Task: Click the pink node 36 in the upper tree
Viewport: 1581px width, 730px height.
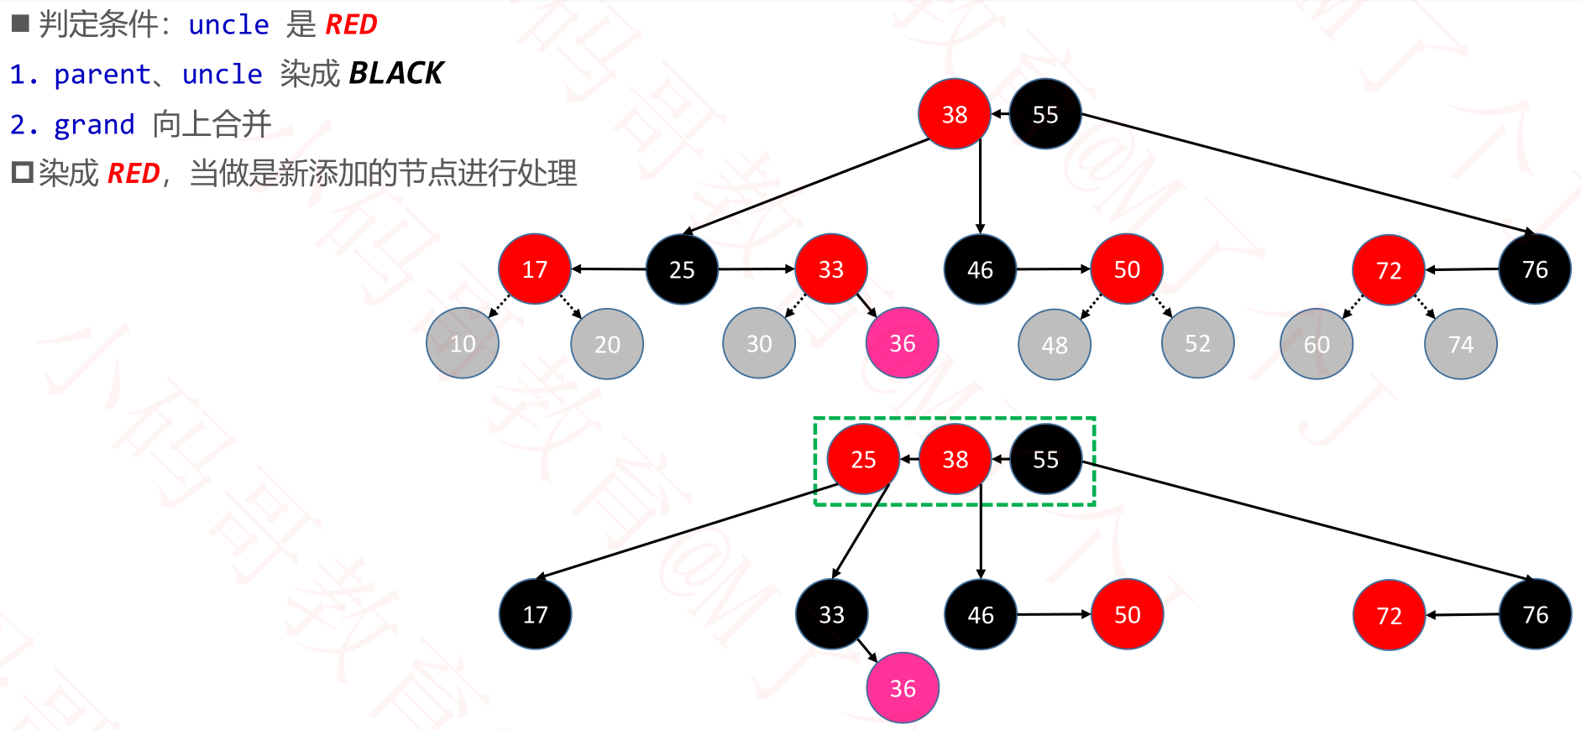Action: pyautogui.click(x=902, y=343)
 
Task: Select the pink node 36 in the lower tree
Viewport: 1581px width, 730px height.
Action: pyautogui.click(x=902, y=688)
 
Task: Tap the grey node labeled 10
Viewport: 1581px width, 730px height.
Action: pyautogui.click(x=462, y=343)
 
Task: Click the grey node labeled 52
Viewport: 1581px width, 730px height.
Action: pyautogui.click(x=1197, y=343)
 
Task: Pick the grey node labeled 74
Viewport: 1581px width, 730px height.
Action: pyautogui.click(x=1460, y=344)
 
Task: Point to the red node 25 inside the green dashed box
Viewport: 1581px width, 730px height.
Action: pyautogui.click(x=863, y=459)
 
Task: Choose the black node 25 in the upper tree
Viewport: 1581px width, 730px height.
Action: pyautogui.click(x=682, y=269)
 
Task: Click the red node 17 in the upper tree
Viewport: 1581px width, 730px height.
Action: pyautogui.click(x=535, y=269)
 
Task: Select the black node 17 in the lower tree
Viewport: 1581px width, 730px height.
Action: pyautogui.click(x=535, y=614)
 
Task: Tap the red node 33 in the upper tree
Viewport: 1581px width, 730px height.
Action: pyautogui.click(x=830, y=269)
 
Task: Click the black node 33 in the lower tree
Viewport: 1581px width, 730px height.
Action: pyautogui.click(x=831, y=614)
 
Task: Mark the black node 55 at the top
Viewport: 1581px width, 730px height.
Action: pyautogui.click(x=1044, y=114)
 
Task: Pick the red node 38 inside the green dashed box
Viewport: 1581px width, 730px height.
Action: pyautogui.click(x=955, y=459)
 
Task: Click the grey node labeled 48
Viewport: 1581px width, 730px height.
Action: pyautogui.click(x=1054, y=344)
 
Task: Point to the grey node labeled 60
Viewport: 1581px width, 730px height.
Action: pyautogui.click(x=1316, y=344)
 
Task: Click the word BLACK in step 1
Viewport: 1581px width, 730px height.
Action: pyautogui.click(x=395, y=74)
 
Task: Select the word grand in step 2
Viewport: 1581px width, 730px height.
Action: pyautogui.click(x=94, y=124)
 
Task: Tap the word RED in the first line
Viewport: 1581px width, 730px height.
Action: pyautogui.click(x=351, y=24)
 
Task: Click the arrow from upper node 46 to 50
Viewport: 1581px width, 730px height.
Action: pyautogui.click(x=1053, y=269)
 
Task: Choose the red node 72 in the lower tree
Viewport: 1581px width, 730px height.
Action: pyautogui.click(x=1389, y=615)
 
